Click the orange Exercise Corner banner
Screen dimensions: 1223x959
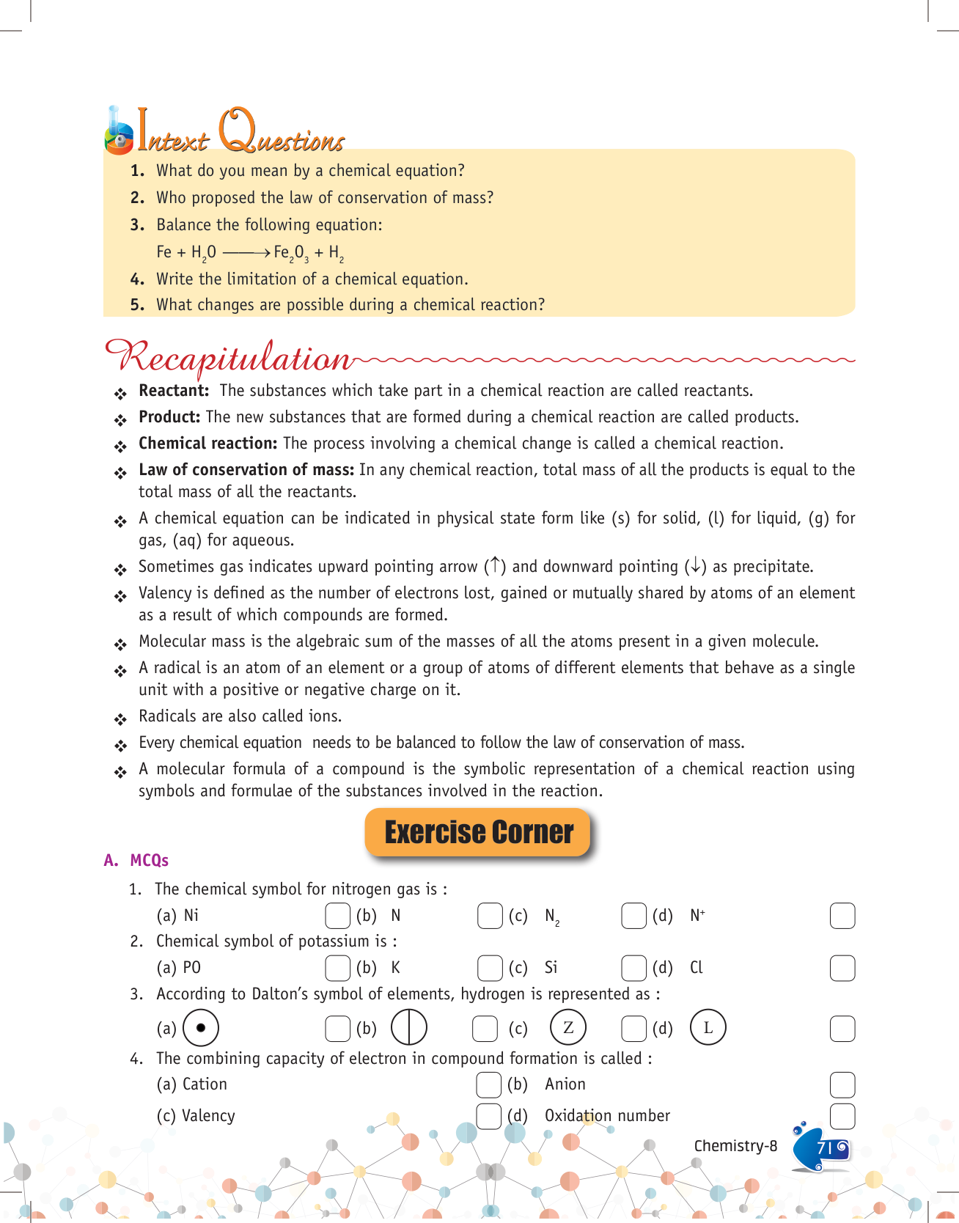click(x=478, y=832)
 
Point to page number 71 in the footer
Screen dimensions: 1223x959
click(x=825, y=1147)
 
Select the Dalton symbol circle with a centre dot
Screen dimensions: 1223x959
click(x=201, y=1027)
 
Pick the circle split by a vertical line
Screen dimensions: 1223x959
click(x=409, y=1027)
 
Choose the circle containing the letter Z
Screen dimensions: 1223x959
click(x=568, y=1027)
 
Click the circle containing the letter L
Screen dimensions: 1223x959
click(x=708, y=1027)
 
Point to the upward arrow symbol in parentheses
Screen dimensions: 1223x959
click(x=496, y=566)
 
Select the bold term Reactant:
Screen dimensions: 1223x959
click(x=174, y=391)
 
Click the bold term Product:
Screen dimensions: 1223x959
click(x=169, y=417)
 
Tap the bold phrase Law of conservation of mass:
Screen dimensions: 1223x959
click(x=246, y=470)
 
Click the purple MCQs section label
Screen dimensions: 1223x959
click(x=149, y=860)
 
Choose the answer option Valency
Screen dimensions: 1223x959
click(x=208, y=1116)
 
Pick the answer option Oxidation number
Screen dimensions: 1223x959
click(x=606, y=1116)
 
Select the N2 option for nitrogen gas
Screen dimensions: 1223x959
click(x=552, y=917)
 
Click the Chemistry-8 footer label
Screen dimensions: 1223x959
click(x=735, y=1146)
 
